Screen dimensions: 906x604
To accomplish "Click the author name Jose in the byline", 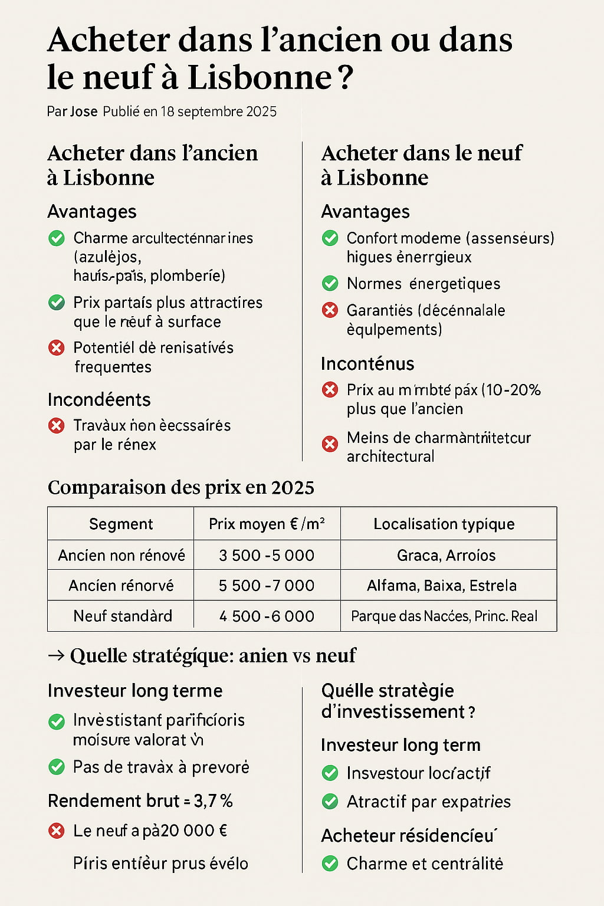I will [84, 111].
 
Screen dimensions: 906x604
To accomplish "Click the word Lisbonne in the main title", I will [260, 77].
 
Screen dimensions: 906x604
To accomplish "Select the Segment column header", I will [121, 524].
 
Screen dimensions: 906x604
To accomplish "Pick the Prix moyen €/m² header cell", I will [267, 524].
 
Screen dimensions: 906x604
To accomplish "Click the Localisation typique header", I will [444, 524].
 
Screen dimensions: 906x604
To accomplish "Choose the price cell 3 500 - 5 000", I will [267, 555].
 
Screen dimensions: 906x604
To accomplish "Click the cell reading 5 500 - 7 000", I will [267, 585].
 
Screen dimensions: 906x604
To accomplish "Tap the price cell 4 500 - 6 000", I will [267, 616].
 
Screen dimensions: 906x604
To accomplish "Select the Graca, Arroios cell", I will [446, 555].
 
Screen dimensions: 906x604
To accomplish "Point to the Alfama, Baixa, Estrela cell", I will [442, 585].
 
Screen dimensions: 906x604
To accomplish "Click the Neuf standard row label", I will [123, 616].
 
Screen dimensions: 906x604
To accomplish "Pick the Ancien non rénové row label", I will [122, 555].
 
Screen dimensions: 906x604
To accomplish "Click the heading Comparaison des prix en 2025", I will [181, 487].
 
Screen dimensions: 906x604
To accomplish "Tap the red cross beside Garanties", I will [330, 310].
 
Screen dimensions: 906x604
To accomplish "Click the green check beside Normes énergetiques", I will [330, 284].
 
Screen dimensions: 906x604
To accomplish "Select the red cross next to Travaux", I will [57, 425].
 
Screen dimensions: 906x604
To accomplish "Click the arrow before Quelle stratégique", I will [56, 655].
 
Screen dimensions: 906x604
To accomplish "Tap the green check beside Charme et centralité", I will [330, 864].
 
